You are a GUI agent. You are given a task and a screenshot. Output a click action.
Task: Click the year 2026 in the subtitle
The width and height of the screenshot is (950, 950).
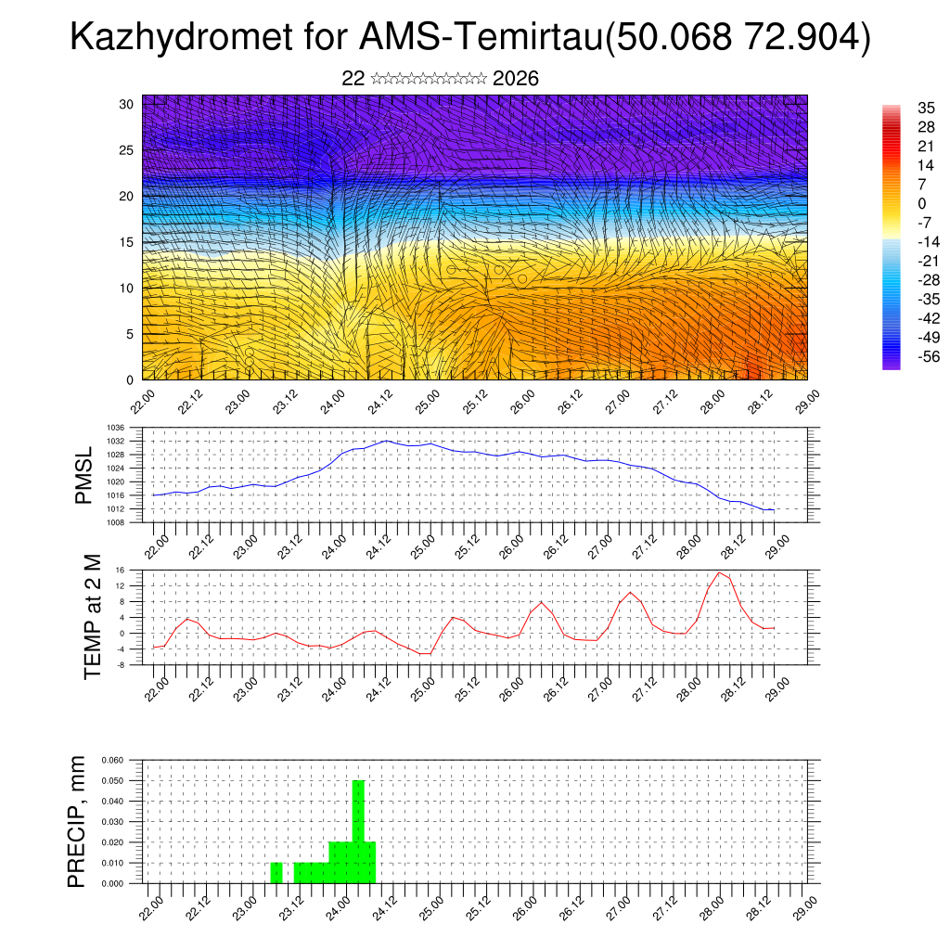tap(516, 79)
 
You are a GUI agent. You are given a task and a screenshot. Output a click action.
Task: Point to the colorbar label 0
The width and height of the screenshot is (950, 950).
tap(921, 204)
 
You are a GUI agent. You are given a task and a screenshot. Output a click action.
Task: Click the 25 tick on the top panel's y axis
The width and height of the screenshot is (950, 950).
tap(127, 150)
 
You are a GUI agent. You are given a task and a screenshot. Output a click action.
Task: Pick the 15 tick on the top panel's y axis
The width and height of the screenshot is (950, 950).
tap(127, 242)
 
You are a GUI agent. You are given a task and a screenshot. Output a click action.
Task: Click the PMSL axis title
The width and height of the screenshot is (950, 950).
tap(84, 476)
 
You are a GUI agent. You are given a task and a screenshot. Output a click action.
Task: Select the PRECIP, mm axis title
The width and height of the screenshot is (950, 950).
tap(77, 821)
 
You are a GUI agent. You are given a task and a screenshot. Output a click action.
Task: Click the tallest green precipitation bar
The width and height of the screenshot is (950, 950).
tap(358, 830)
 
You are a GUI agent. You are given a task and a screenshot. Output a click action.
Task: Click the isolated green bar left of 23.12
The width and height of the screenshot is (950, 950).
tap(276, 873)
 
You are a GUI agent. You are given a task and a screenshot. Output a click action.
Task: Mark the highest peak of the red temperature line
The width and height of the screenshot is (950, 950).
tap(719, 572)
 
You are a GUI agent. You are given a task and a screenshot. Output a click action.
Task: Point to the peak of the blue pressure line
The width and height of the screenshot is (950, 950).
tap(387, 441)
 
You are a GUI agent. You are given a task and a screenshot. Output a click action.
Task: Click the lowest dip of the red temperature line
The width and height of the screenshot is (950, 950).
tap(424, 654)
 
